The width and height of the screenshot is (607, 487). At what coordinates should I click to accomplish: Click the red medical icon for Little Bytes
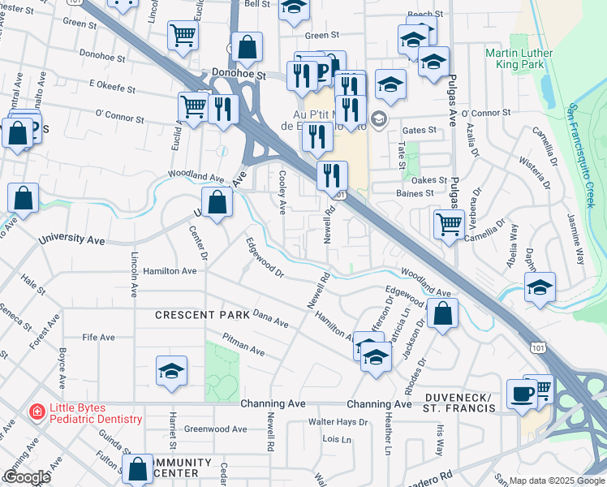(x=36, y=413)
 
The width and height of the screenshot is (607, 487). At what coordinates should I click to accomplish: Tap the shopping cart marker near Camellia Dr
(x=449, y=223)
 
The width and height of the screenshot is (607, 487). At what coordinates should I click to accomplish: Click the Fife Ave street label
(x=98, y=337)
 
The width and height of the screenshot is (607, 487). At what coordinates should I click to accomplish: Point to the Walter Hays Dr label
(x=338, y=422)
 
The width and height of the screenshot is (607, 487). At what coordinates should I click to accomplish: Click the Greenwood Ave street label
(x=211, y=429)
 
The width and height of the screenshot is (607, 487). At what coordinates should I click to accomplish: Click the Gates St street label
(x=420, y=130)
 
